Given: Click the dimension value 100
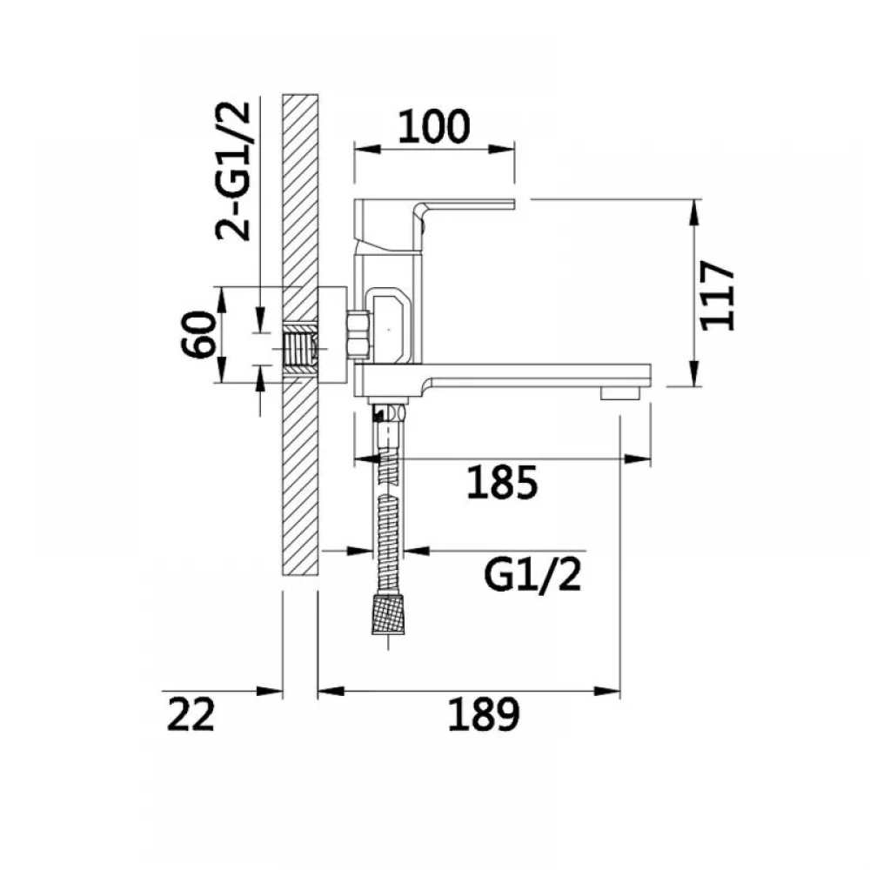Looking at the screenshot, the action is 434,126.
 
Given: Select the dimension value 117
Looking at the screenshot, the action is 718,296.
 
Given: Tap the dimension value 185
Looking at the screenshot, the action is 503,482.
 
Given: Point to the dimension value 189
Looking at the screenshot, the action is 484,714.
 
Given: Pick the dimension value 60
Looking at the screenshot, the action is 198,335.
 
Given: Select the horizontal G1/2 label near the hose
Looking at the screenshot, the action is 532,574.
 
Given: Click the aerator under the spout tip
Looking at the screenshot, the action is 620,393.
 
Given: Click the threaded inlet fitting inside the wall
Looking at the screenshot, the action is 299,349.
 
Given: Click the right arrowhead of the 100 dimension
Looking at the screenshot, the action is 502,150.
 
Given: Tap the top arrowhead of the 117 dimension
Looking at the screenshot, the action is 693,212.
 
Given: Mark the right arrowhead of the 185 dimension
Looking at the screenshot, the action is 638,458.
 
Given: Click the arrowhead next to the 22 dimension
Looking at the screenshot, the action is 270,692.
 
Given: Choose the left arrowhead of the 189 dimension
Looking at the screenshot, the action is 331,692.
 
